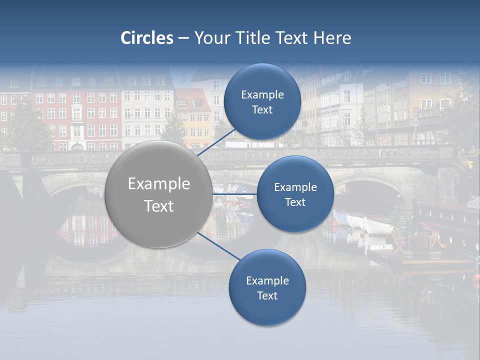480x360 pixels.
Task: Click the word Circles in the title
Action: (x=146, y=38)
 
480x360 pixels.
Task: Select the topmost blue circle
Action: (x=262, y=102)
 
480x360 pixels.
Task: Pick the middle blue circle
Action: (x=295, y=194)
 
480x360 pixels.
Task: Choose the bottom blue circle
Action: (x=267, y=288)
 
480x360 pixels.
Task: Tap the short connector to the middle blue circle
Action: (x=234, y=194)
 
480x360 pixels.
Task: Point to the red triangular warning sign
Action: (x=384, y=140)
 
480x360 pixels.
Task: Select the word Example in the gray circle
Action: (x=159, y=184)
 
